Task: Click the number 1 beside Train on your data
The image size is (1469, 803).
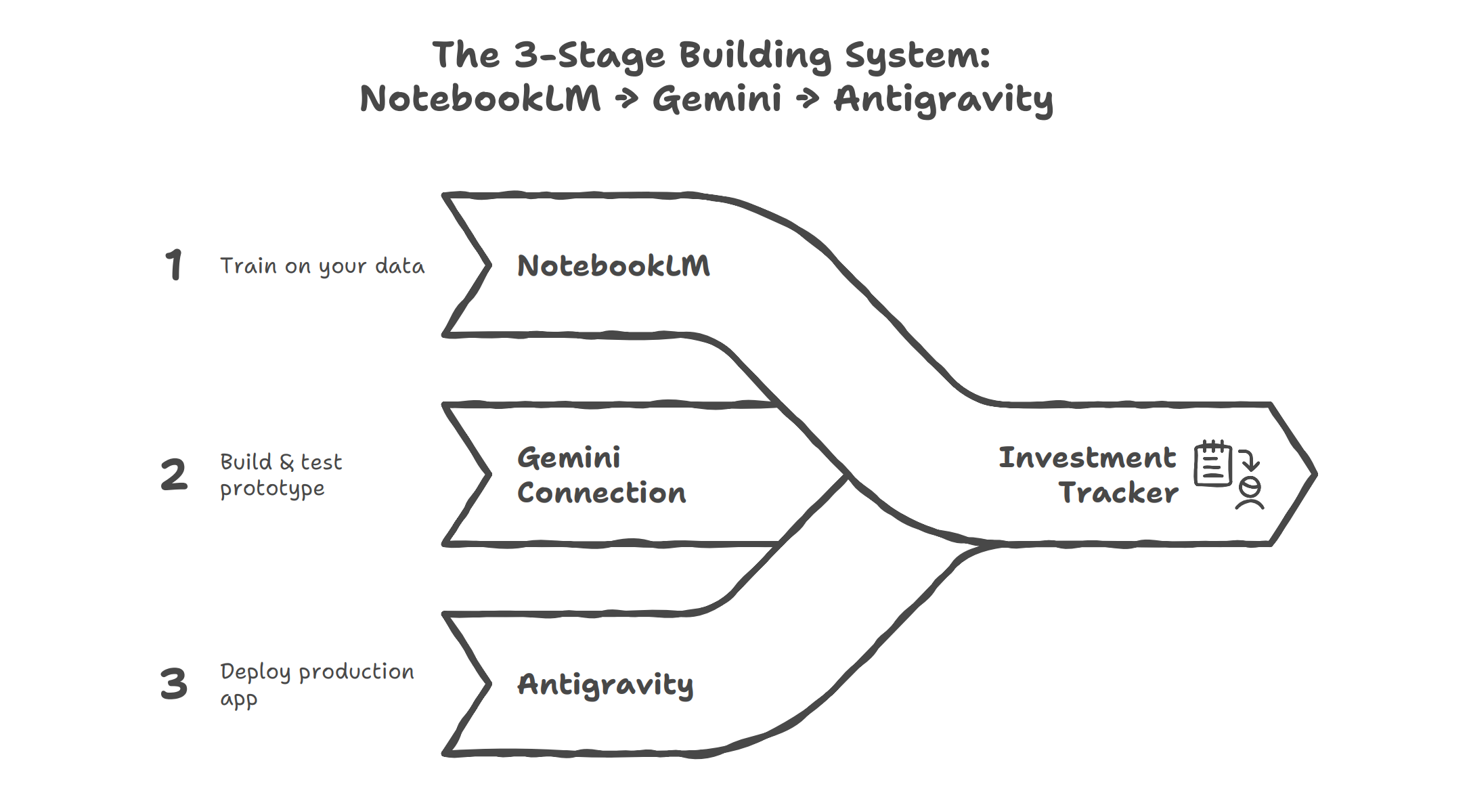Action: click(x=174, y=264)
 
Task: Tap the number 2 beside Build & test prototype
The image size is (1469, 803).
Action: click(x=174, y=474)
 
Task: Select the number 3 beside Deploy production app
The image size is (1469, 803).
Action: click(x=174, y=683)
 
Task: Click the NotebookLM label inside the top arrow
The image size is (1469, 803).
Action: click(x=613, y=265)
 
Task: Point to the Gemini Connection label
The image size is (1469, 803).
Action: click(x=601, y=475)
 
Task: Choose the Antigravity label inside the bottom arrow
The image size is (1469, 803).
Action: click(x=605, y=685)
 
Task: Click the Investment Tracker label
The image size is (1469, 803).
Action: click(x=1088, y=475)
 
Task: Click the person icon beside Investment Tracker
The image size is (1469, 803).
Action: click(x=1250, y=494)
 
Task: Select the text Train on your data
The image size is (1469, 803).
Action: click(x=322, y=266)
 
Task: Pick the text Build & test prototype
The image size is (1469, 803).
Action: click(x=281, y=475)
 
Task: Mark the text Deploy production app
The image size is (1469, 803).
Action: click(x=317, y=684)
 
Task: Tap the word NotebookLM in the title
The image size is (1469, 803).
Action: click(x=480, y=99)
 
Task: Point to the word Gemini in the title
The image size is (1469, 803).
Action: click(x=717, y=99)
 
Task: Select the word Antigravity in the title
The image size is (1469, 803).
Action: click(x=943, y=100)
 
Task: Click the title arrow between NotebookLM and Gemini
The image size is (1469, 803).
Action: click(x=627, y=100)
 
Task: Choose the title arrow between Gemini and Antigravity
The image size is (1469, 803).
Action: click(x=808, y=100)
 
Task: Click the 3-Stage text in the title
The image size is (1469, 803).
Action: click(x=589, y=56)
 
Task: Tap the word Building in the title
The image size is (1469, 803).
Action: click(x=755, y=56)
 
